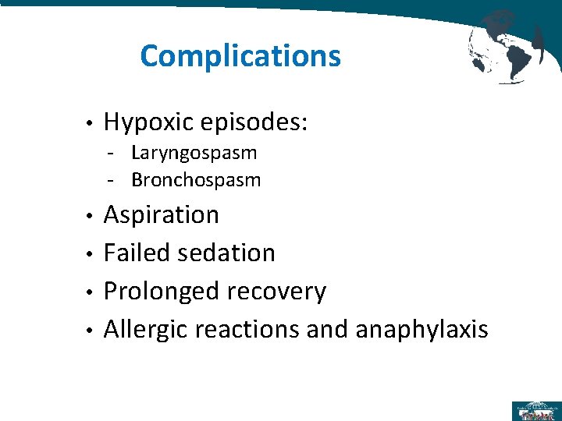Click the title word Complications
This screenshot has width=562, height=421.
(240, 56)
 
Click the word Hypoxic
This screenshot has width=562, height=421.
(148, 122)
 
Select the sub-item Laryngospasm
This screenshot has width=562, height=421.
(194, 153)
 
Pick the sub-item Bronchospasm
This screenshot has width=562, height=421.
(196, 180)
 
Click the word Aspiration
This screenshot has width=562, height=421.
(162, 214)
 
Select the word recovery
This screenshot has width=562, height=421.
(276, 291)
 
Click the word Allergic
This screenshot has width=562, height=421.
(146, 330)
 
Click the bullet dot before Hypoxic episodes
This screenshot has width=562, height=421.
(91, 124)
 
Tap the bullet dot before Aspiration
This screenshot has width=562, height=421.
(91, 216)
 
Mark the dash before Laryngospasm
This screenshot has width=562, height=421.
(113, 154)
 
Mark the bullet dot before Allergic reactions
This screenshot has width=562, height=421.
(91, 331)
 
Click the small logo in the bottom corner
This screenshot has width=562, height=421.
(535, 410)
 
